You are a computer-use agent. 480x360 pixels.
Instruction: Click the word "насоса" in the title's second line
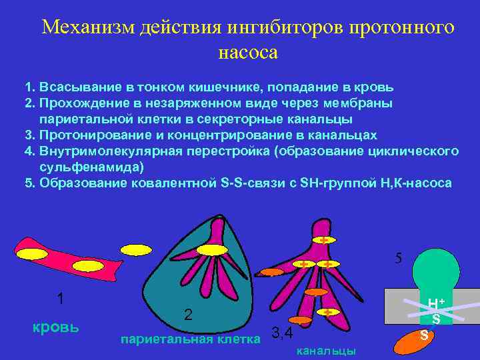[248, 51]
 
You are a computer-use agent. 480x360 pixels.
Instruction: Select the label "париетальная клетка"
[190, 340]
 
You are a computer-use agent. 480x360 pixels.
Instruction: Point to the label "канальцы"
[325, 351]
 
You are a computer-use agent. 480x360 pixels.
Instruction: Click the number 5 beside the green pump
[398, 258]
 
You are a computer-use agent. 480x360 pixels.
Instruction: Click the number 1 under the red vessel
[60, 299]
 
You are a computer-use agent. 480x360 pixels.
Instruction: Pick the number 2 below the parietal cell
[188, 314]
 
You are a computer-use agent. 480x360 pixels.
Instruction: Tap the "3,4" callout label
[282, 333]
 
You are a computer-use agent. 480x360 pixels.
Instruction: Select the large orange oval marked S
[417, 339]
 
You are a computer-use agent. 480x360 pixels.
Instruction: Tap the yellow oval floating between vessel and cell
[136, 250]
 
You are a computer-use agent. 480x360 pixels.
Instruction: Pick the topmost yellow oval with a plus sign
[323, 239]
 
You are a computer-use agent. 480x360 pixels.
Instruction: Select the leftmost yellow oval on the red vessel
[31, 253]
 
